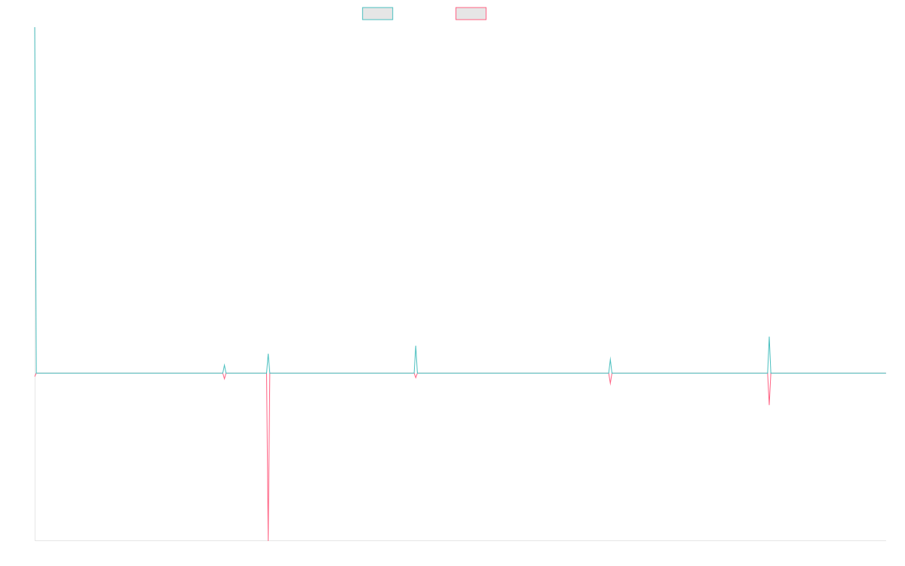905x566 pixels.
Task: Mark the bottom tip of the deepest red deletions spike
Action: point(268,540)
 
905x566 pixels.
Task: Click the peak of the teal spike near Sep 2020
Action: point(416,346)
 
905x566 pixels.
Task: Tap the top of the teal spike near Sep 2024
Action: point(769,337)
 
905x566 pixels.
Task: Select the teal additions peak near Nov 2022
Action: point(610,358)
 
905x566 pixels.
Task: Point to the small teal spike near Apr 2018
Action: point(224,365)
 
